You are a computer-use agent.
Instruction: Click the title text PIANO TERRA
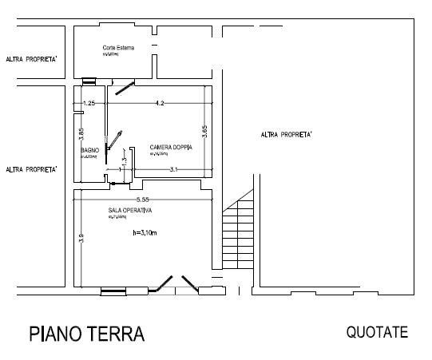[87, 334]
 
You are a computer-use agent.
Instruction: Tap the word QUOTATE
[377, 332]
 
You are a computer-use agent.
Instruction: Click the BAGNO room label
[89, 150]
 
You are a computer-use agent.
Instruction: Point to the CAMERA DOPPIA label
[169, 148]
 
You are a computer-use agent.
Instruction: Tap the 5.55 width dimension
[144, 198]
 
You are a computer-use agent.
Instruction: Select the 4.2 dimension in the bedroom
[160, 103]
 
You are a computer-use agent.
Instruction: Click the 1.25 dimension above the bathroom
[89, 103]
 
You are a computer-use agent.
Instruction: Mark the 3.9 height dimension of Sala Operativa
[81, 237]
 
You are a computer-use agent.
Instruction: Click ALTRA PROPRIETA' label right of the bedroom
[286, 135]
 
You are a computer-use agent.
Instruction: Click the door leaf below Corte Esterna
[124, 88]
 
